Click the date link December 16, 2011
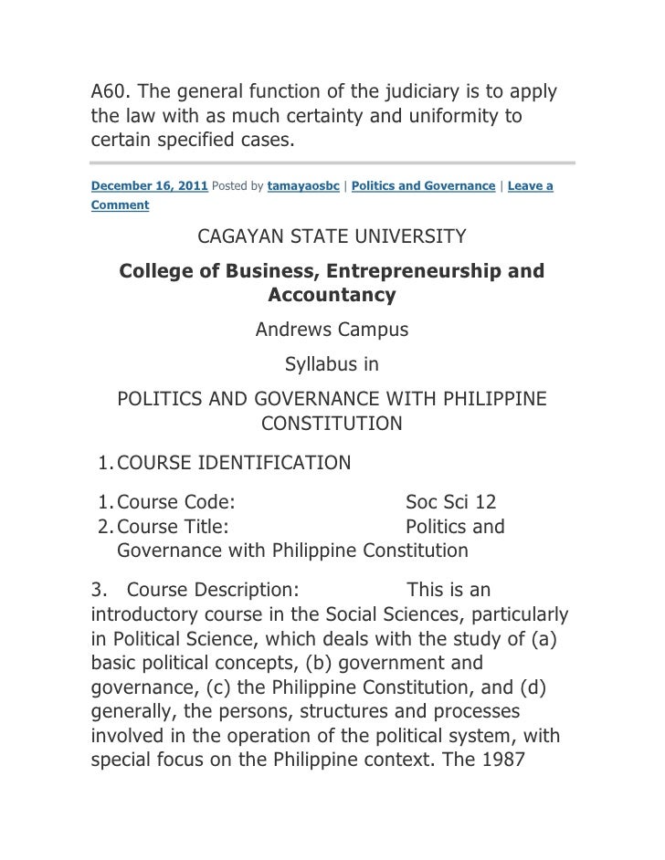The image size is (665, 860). coord(151,186)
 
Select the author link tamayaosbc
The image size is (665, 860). coord(303,186)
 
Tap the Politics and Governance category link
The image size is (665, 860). coord(423,186)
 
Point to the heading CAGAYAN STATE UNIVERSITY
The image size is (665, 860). coord(332,237)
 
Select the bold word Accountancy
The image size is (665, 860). coord(332,295)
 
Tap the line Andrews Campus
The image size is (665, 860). coord(332,330)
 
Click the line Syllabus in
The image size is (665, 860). coord(332,365)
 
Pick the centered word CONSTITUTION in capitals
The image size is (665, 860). coord(332,424)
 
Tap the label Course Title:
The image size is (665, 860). coord(174,527)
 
